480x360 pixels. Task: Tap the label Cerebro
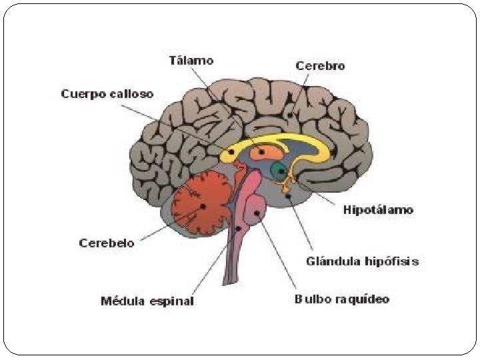pos(320,65)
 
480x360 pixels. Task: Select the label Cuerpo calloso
pos(107,94)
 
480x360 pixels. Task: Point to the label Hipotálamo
pos(378,210)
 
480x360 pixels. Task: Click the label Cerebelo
pos(107,243)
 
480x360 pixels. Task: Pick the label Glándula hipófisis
pos(362,261)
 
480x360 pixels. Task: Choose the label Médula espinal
pos(147,301)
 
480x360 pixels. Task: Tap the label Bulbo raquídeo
pos(341,299)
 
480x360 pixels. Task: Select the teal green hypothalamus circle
pos(278,169)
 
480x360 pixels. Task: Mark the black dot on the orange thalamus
pos(262,153)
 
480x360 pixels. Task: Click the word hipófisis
pos(393,261)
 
